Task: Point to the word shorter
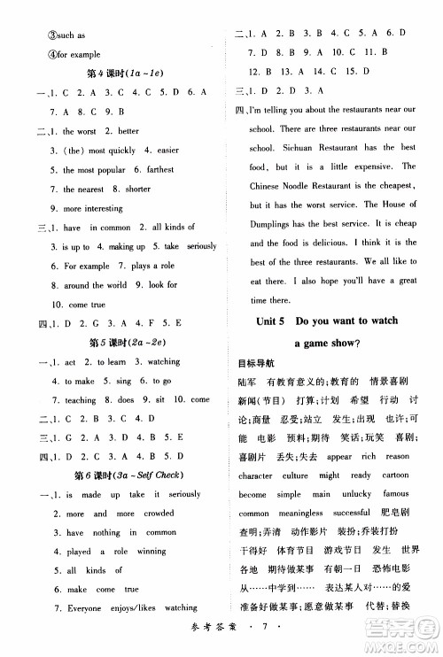138,189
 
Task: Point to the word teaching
81,400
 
